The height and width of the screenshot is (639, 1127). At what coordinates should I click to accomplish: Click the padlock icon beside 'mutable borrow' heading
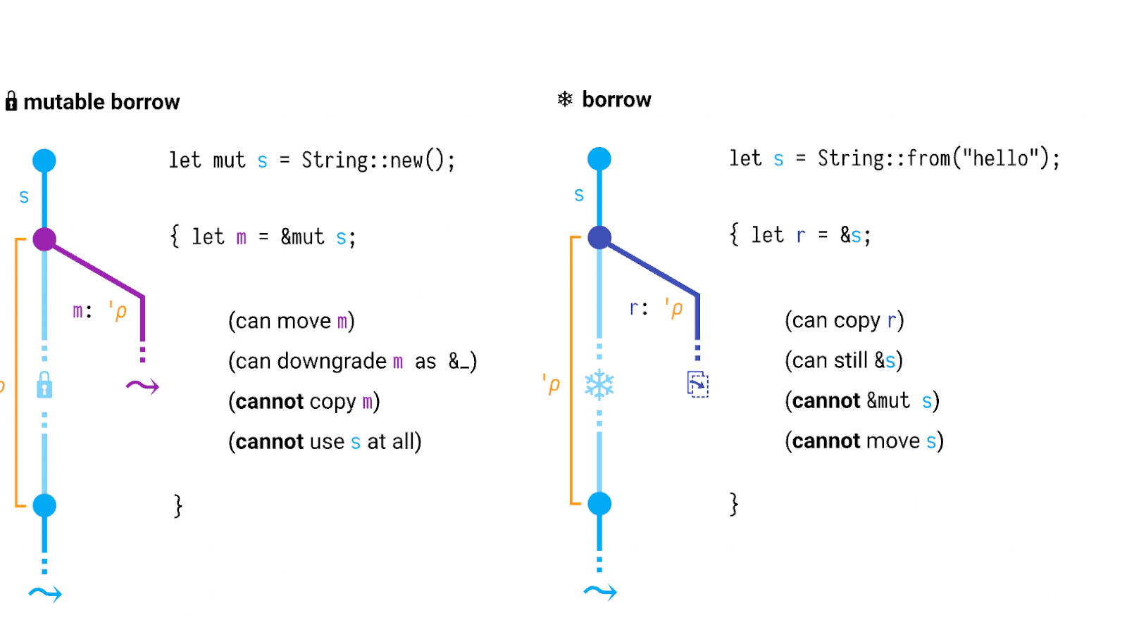(x=11, y=101)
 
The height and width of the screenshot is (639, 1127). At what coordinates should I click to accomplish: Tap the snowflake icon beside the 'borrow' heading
(x=565, y=99)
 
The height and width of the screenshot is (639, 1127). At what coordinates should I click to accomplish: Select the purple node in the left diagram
(x=44, y=239)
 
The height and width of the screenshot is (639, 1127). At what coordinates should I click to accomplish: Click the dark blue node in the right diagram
(x=599, y=238)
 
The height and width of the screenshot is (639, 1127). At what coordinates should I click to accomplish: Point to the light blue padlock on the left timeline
(x=44, y=385)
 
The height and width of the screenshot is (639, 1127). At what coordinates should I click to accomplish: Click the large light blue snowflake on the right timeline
(x=599, y=385)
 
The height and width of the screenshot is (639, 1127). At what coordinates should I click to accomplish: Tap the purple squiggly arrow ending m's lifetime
(x=142, y=386)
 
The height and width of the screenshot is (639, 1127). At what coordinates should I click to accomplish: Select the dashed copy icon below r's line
(x=697, y=384)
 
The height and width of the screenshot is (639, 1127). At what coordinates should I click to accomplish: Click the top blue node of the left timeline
(x=44, y=160)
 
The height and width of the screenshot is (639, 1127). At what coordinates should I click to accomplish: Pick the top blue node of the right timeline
(x=599, y=159)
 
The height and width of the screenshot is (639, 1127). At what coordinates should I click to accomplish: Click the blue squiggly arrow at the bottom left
(x=45, y=594)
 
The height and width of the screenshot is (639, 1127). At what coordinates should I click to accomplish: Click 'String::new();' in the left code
(x=378, y=160)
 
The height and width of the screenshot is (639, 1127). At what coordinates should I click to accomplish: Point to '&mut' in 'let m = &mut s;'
(x=302, y=237)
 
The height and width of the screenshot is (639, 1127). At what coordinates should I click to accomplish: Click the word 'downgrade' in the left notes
(x=332, y=361)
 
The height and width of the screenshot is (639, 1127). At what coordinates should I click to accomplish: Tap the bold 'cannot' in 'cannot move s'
(x=826, y=441)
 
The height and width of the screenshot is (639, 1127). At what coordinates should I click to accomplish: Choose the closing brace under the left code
(x=178, y=505)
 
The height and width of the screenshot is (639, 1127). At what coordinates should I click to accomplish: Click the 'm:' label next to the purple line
(x=82, y=310)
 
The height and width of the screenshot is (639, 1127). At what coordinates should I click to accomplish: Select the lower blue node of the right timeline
(x=599, y=504)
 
